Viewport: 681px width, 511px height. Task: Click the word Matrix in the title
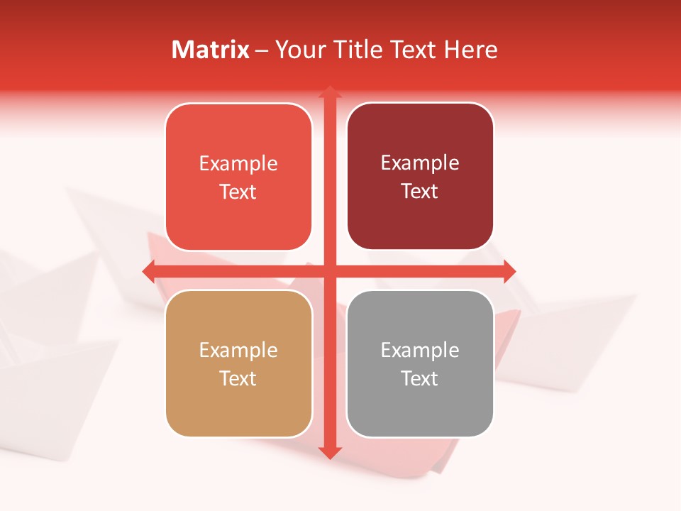(x=210, y=50)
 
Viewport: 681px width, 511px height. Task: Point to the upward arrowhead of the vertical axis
(x=329, y=92)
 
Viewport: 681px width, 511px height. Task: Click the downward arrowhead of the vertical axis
(x=329, y=452)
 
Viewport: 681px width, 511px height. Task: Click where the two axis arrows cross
(x=329, y=270)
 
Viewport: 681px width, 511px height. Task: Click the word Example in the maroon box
(x=420, y=163)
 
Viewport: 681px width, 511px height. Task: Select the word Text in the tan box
(x=238, y=378)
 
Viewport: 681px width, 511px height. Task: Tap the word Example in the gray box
(x=420, y=350)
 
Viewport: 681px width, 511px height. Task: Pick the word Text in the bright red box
(x=238, y=192)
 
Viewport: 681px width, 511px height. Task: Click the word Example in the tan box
(x=238, y=350)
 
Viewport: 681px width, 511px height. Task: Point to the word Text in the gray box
(x=420, y=378)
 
